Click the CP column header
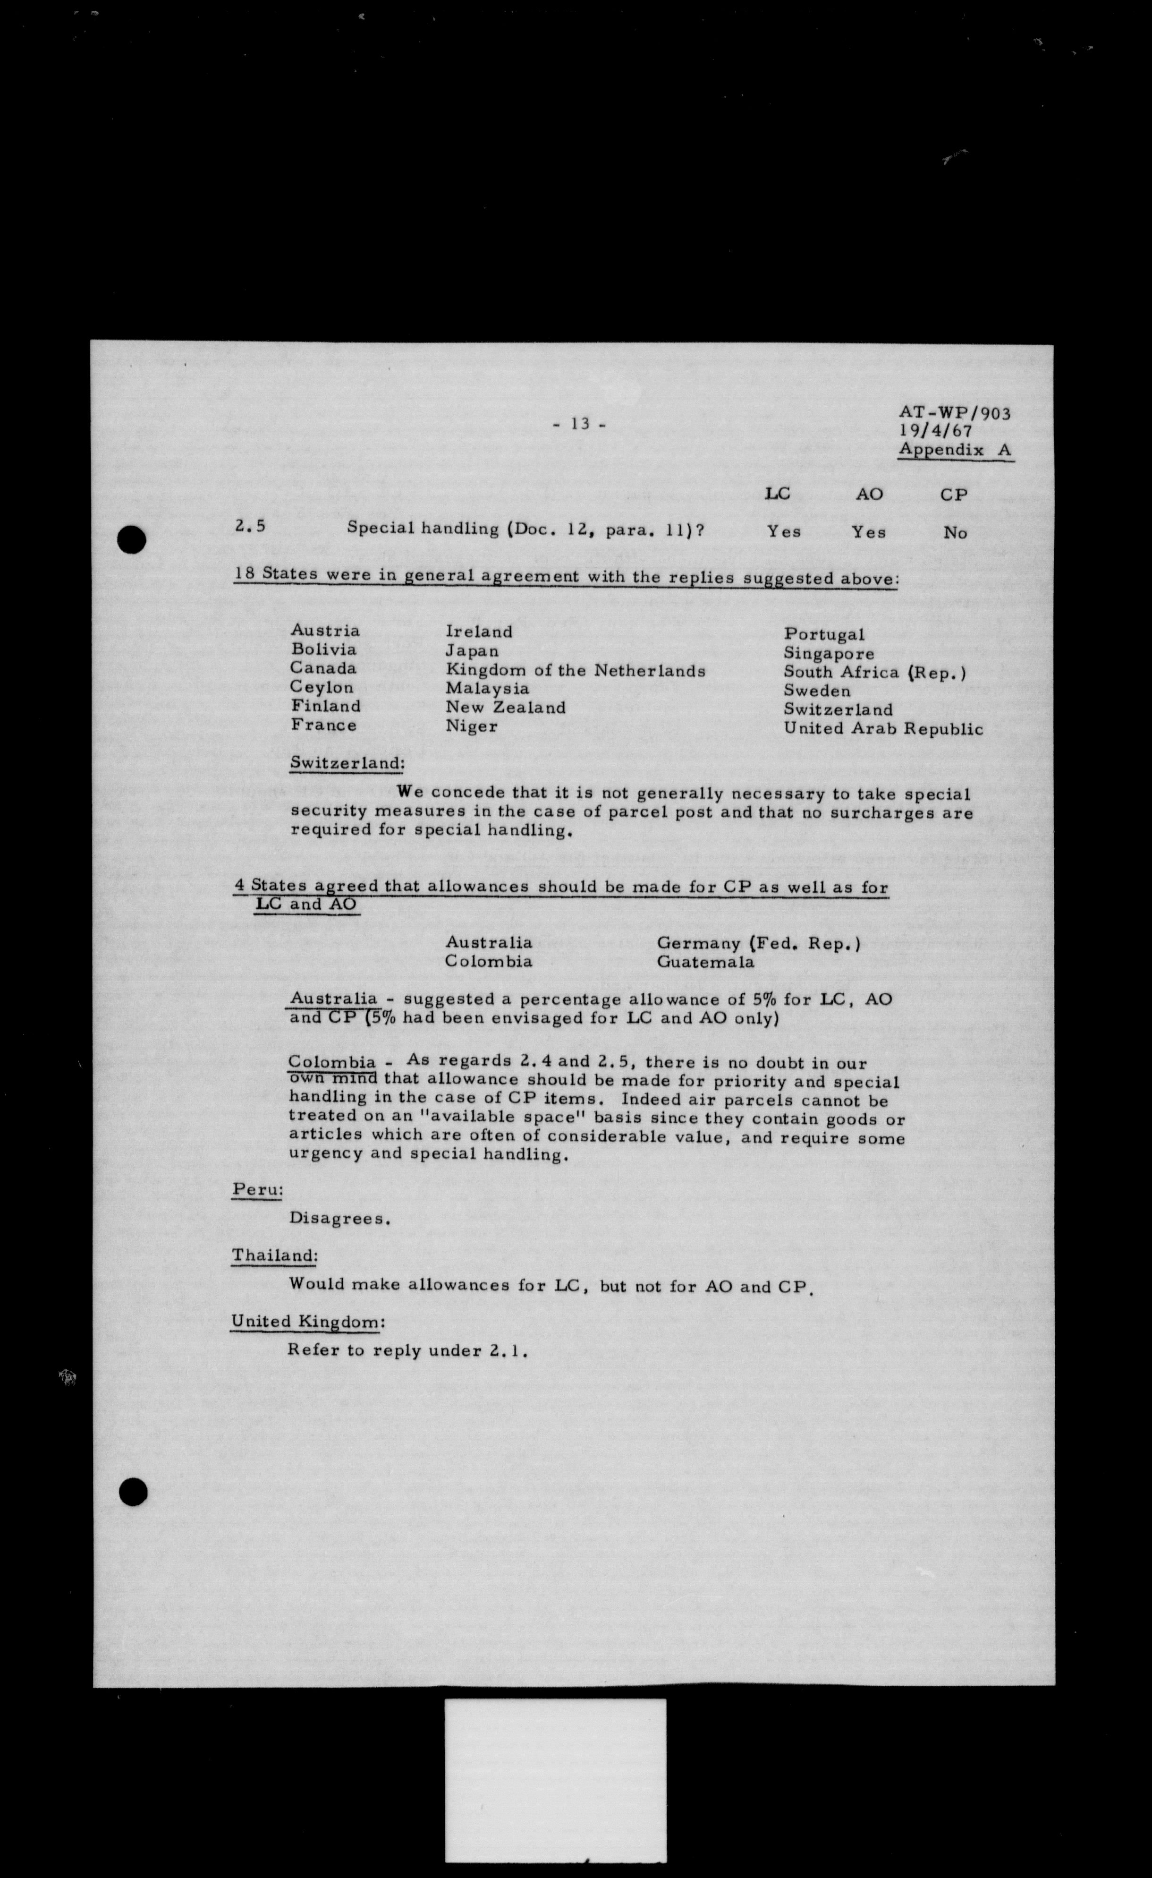(953, 495)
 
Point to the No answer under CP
(955, 533)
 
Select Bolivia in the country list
(323, 649)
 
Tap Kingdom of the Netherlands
(575, 671)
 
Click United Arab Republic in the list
(883, 729)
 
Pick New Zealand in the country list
(505, 707)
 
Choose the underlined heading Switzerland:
(347, 763)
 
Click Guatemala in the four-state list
(705, 962)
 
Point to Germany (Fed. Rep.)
(758, 944)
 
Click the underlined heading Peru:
(257, 1190)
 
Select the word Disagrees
(339, 1219)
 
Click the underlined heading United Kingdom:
(307, 1322)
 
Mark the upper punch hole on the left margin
(132, 540)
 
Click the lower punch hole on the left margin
(133, 1492)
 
